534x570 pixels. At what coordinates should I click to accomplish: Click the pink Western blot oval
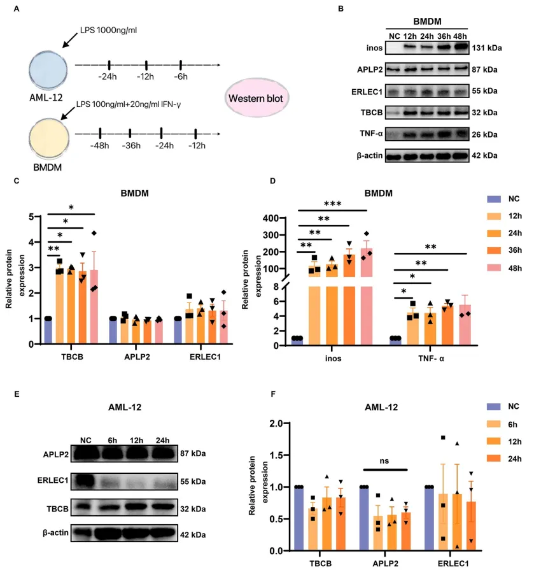(257, 99)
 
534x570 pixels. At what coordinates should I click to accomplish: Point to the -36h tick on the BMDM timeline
(130, 134)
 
